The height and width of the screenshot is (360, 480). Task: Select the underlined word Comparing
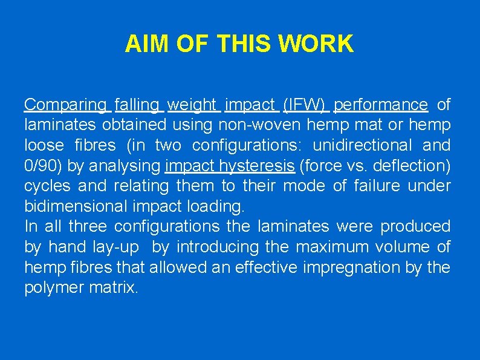coord(65,105)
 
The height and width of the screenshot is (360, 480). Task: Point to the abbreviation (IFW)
coord(305,105)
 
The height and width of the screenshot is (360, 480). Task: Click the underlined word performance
coord(380,105)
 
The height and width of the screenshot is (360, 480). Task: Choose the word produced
coord(415,226)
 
